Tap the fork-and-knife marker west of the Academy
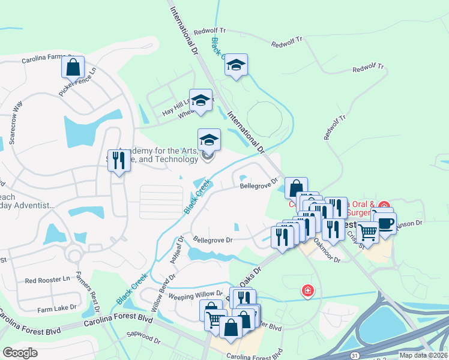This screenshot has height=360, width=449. pos(119,160)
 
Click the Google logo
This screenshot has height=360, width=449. pos(20,352)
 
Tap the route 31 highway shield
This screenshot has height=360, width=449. pos(355,356)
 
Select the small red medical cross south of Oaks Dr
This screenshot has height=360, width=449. pos(308,290)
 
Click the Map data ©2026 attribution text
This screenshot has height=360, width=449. pos(423,355)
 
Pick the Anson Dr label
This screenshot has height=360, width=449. pos(411,223)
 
